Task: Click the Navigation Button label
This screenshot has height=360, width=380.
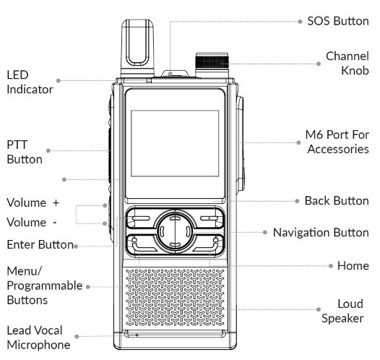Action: pyautogui.click(x=327, y=232)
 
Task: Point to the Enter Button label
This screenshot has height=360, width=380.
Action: pyautogui.click(x=36, y=245)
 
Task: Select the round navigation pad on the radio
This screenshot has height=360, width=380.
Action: pyautogui.click(x=170, y=233)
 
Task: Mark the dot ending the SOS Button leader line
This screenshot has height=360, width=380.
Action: pyautogui.click(x=300, y=22)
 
